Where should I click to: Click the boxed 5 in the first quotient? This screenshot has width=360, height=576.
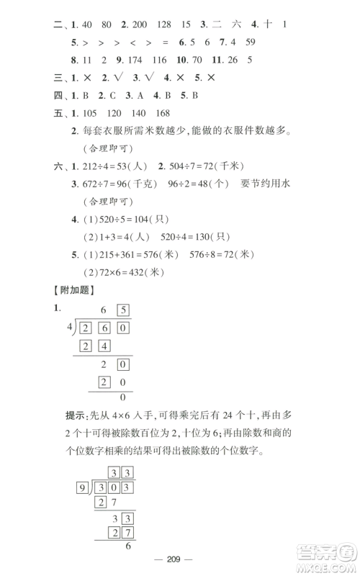(x=124, y=311)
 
